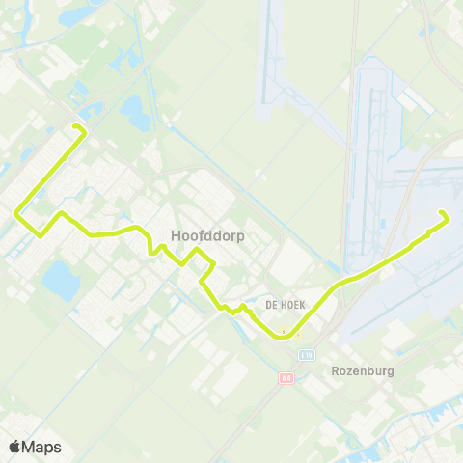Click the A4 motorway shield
(x=286, y=377)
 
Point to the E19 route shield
(x=308, y=355)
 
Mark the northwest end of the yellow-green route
(x=75, y=126)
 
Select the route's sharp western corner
(x=16, y=212)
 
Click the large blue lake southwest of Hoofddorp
(x=60, y=280)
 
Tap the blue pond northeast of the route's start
(x=135, y=113)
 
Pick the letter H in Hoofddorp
(x=175, y=233)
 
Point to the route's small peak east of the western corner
(x=60, y=213)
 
